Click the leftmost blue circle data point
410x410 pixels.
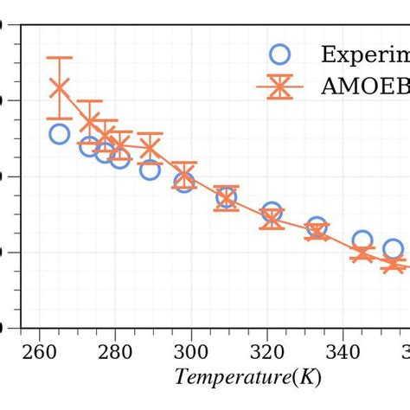point(59,133)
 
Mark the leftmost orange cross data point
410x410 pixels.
point(59,88)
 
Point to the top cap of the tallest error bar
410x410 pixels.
point(59,58)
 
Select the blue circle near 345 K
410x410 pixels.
point(362,240)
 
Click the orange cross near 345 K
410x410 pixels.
point(362,253)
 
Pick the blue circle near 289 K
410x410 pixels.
point(151,170)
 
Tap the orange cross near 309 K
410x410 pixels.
point(227,198)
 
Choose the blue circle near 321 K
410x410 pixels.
point(272,212)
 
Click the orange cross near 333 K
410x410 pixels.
point(317,231)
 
